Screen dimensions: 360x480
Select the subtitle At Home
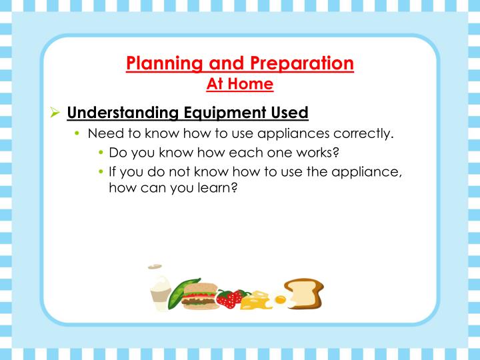click(x=240, y=84)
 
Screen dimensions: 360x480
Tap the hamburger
click(x=199, y=296)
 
